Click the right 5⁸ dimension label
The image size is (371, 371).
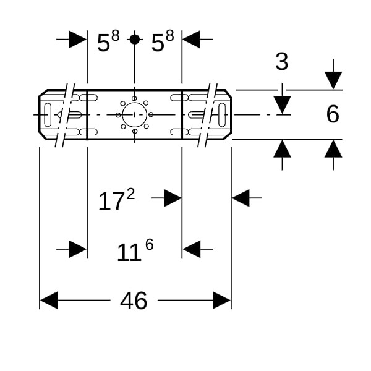pos(162,42)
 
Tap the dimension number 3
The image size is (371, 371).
pos(282,62)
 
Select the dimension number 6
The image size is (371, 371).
pos(333,114)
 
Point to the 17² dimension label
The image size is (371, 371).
pos(116,200)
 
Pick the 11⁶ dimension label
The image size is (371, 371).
pos(135,250)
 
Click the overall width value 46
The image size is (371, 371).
pos(134,301)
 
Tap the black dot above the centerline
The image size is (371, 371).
pos(134,40)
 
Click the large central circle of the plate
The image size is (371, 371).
pos(134,114)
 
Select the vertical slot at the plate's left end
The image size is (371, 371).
pos(48,114)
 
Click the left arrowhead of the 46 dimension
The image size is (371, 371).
pos(49,301)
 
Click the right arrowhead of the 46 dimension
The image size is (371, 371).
pos(221,301)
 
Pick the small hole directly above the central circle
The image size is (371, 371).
pos(134,98)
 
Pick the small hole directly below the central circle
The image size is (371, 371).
pos(134,131)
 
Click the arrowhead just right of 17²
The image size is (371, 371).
pos(173,198)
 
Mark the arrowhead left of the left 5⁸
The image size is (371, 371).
pos(78,40)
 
